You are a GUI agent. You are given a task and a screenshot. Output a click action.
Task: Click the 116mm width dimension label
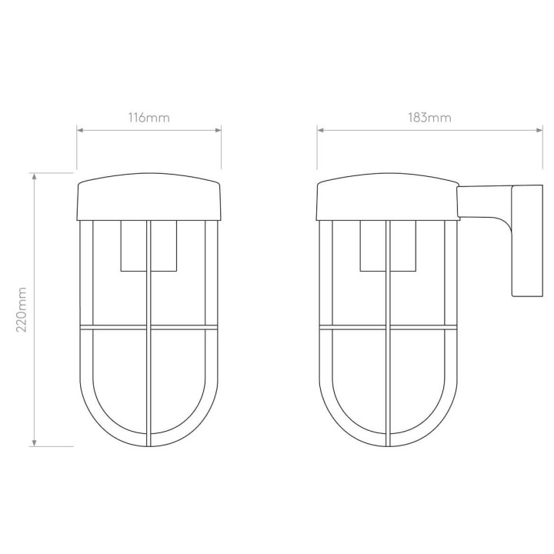149,117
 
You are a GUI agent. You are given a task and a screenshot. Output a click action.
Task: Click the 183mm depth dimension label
429,117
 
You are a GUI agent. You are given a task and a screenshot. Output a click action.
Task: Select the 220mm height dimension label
22,309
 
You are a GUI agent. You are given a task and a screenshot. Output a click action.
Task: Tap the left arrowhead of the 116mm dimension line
80,130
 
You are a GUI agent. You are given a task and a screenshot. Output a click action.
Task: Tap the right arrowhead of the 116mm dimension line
218,130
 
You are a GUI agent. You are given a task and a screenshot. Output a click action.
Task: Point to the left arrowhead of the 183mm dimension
320,130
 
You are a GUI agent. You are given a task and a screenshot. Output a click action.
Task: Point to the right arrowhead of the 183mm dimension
539,130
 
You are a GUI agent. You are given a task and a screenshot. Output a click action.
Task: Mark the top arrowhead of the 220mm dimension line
35,176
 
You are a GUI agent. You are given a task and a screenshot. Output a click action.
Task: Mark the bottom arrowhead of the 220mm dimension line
35,443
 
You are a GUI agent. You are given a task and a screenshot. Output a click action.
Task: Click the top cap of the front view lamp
149,197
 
